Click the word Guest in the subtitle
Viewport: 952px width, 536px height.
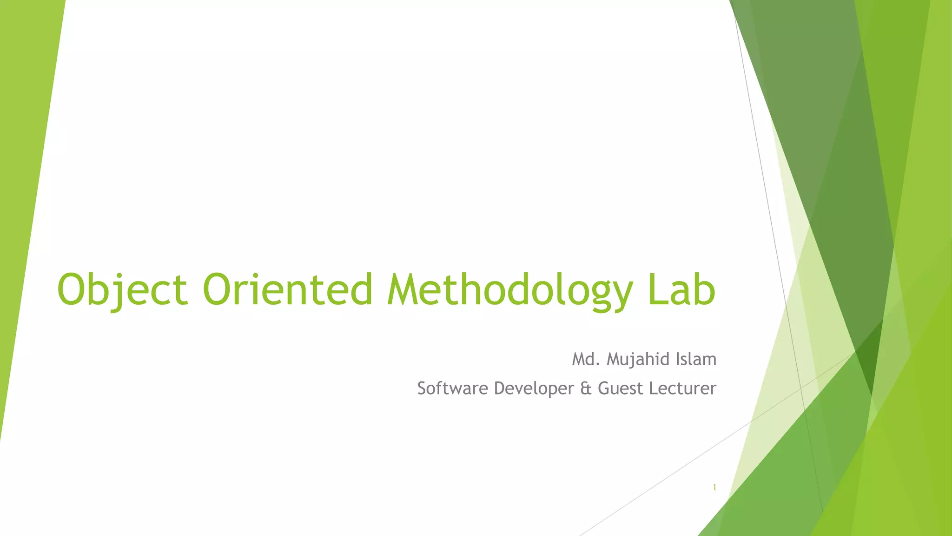(621, 388)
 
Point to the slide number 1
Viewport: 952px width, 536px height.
(714, 487)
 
